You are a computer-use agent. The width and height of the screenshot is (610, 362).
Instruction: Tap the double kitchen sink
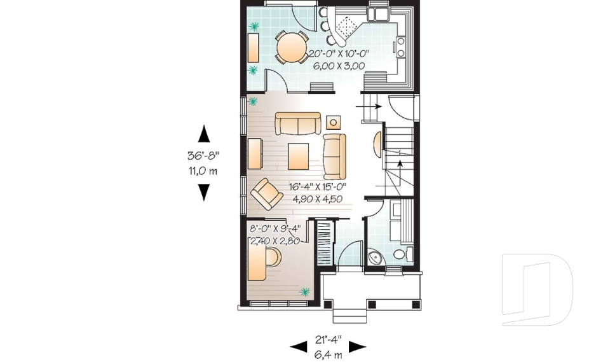[383, 14]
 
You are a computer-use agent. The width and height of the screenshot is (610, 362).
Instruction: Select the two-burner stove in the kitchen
[401, 46]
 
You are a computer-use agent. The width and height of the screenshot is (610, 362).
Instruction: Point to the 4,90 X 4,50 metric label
[317, 198]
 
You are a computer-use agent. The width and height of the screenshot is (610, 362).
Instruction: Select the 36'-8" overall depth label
[204, 155]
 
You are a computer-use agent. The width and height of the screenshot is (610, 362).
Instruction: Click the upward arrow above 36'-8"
[204, 134]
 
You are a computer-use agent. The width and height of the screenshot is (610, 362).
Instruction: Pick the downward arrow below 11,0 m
[204, 191]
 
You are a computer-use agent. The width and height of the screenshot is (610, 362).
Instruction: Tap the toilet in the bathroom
[398, 254]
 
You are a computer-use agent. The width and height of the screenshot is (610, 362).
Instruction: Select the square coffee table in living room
[298, 155]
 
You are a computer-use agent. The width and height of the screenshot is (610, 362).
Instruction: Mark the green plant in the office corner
[304, 292]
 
